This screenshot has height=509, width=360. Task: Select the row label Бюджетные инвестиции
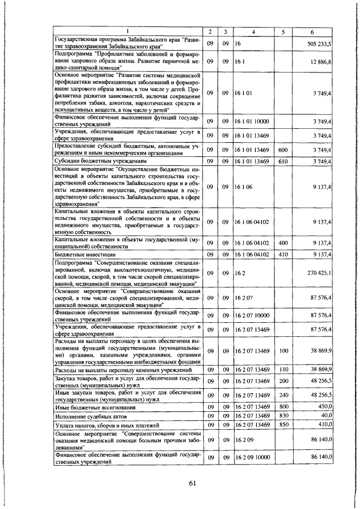click(80, 255)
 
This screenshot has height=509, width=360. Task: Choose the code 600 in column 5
click(283, 150)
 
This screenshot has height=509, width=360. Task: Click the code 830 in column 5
click(283, 416)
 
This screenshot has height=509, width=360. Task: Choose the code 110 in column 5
click(283, 368)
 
